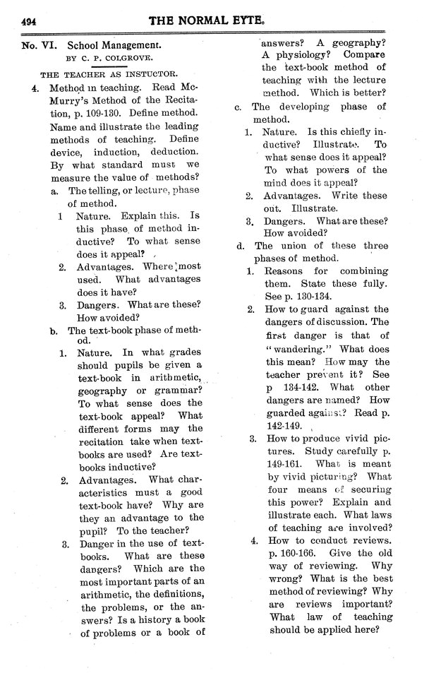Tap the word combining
[x=358, y=271]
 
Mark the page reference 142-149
[x=282, y=426]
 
